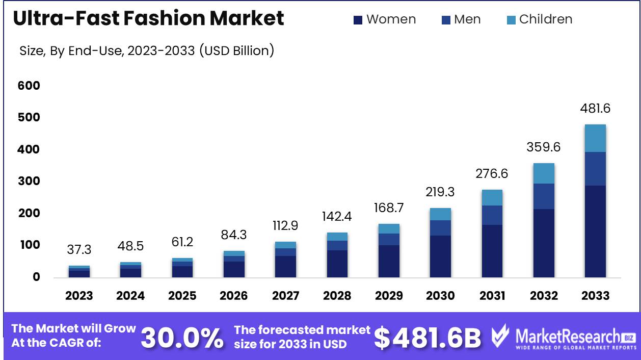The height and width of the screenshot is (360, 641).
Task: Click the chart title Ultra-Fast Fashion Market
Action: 148,19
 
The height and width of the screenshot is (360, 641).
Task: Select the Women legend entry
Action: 385,19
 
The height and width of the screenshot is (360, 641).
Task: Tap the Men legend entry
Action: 461,19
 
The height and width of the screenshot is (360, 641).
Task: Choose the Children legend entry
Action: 540,19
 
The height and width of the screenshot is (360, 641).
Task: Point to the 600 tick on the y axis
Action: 29,86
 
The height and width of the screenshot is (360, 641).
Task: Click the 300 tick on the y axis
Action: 29,182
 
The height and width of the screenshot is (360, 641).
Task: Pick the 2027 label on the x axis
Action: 285,296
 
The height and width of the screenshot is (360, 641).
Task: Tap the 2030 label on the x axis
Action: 440,296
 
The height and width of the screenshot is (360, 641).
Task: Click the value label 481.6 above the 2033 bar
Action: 595,109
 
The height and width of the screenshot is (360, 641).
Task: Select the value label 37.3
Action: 79,250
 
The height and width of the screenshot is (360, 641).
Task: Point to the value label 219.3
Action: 440,192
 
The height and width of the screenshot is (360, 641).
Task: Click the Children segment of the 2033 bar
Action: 595,138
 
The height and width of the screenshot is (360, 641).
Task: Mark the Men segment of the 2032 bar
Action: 544,196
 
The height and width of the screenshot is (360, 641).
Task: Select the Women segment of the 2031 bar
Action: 492,251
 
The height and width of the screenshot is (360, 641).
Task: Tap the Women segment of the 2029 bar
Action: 388,261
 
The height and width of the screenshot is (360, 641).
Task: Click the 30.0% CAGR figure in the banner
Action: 182,337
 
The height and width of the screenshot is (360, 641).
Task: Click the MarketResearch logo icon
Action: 500,336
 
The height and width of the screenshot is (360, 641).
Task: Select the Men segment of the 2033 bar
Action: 595,169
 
